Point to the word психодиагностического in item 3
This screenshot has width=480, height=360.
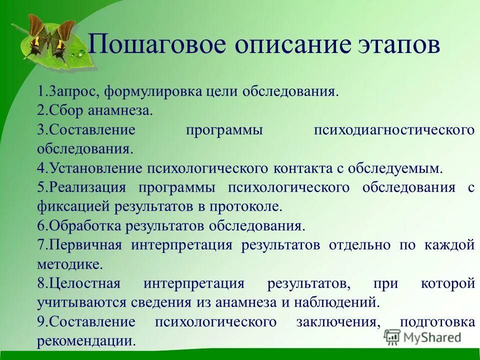pyautogui.click(x=394, y=130)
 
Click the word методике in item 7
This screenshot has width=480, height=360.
pyautogui.click(x=69, y=263)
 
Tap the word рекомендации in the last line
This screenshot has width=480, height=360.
pyautogui.click(x=86, y=340)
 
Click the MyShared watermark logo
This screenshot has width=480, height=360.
pyautogui.click(x=422, y=337)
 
